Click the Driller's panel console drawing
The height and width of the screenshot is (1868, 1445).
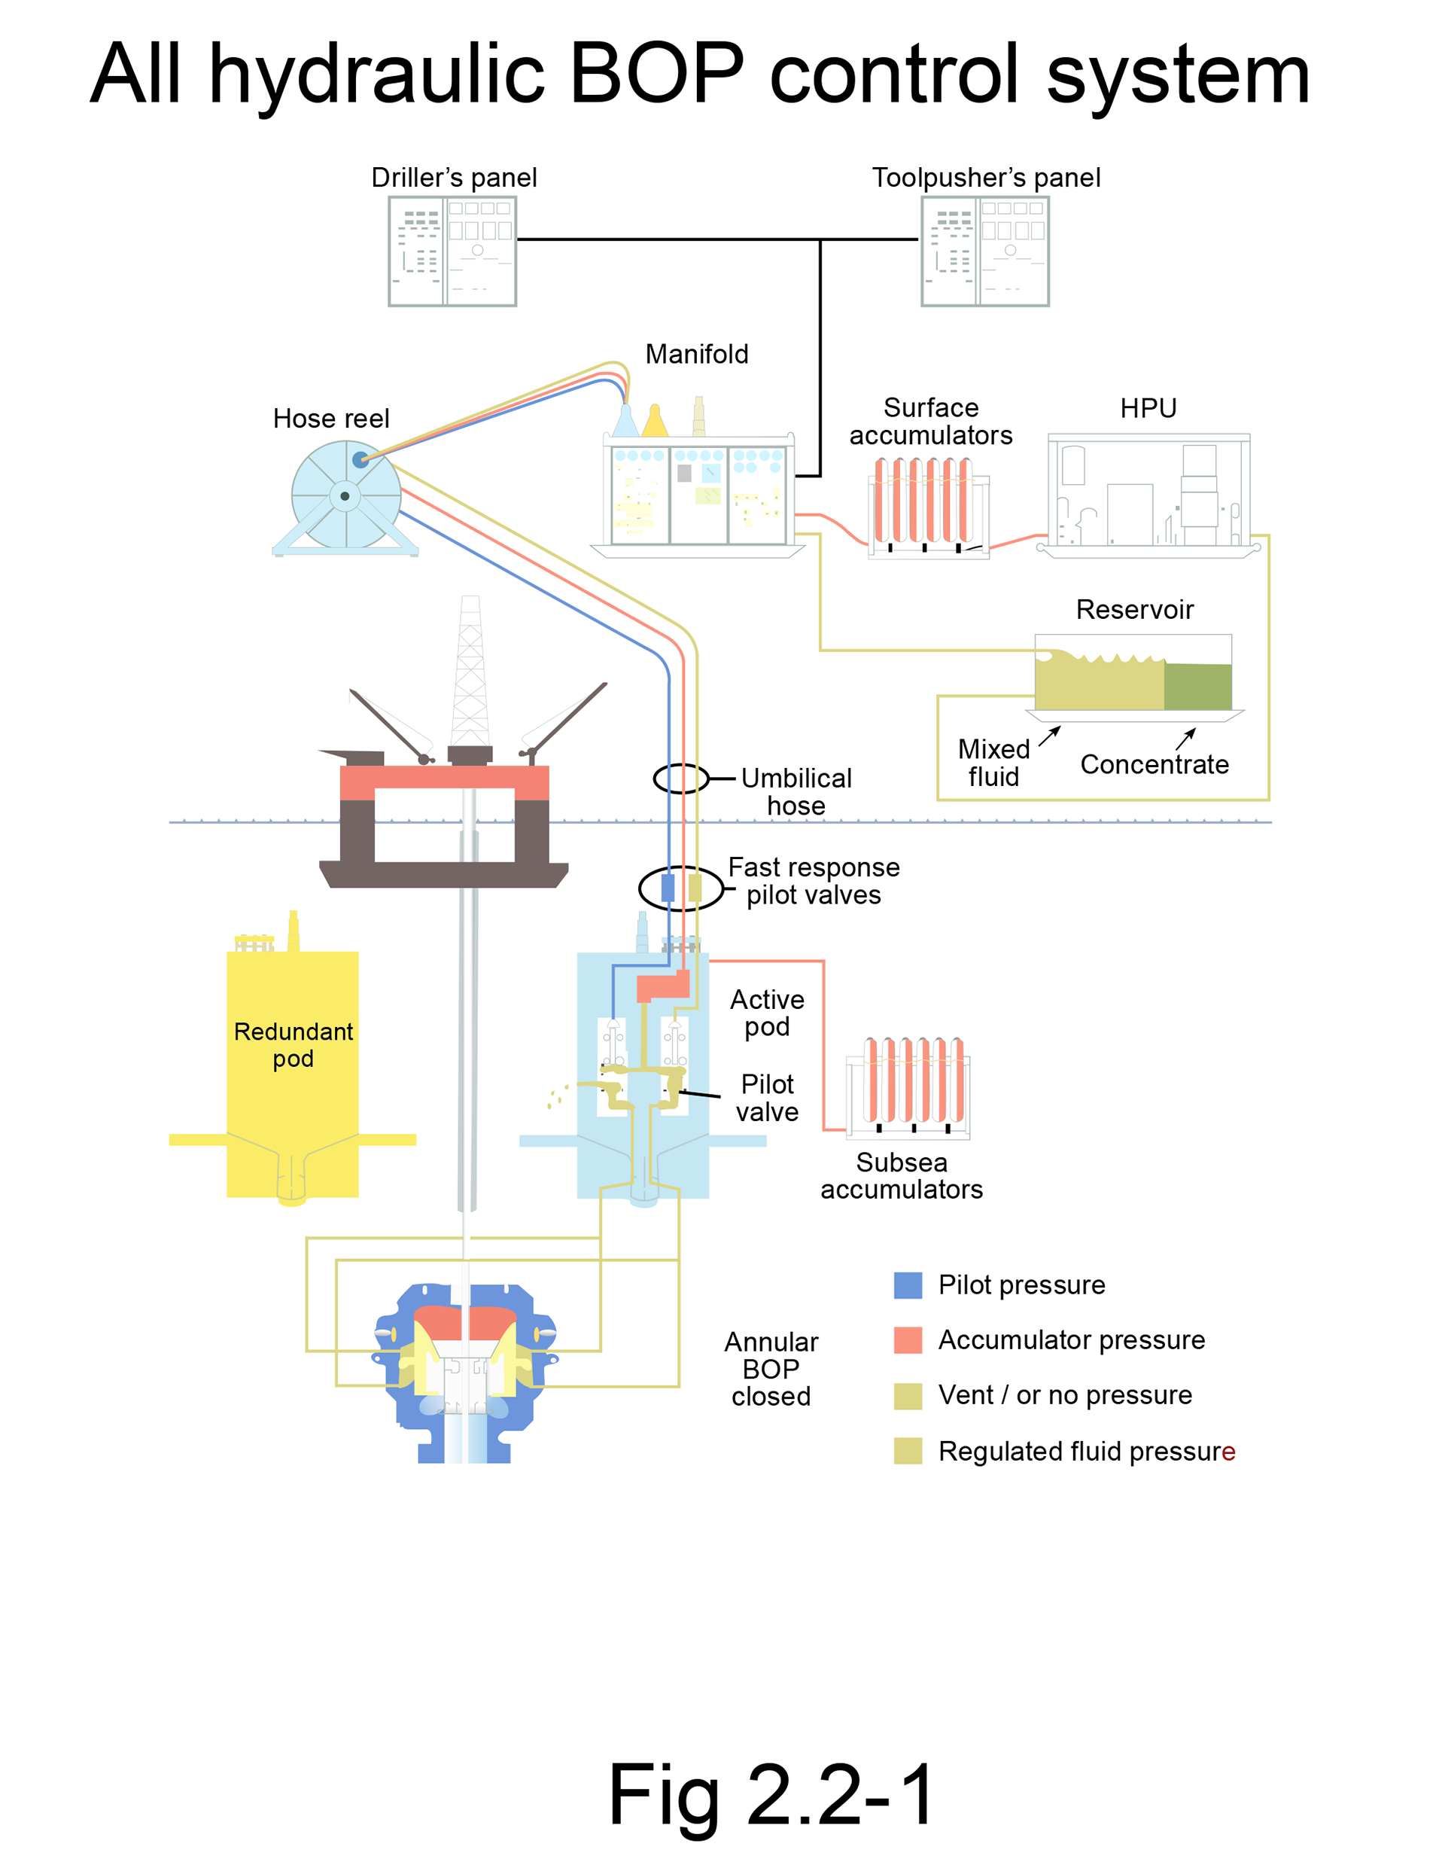point(452,251)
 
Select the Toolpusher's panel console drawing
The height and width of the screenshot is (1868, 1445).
point(985,251)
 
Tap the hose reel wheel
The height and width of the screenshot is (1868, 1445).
point(345,495)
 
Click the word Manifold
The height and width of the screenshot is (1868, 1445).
point(697,354)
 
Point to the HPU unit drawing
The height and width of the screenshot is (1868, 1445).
point(1148,495)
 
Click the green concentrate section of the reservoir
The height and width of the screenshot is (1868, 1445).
point(1197,686)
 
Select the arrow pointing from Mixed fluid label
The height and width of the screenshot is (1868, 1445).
point(1050,736)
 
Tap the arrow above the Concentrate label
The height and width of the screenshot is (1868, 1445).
point(1186,738)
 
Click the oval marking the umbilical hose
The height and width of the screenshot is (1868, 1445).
point(681,779)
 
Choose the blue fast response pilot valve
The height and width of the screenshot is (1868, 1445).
point(668,888)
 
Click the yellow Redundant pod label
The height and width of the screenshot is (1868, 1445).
point(294,1045)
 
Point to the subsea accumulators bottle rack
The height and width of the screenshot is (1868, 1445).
point(909,1086)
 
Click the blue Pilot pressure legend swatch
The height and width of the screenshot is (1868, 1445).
point(908,1284)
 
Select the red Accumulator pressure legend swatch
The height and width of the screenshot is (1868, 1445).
point(908,1340)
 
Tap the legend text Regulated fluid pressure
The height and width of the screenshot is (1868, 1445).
point(1086,1452)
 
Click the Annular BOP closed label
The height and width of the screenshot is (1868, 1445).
point(771,1369)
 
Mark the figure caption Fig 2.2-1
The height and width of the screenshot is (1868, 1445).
point(771,1794)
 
